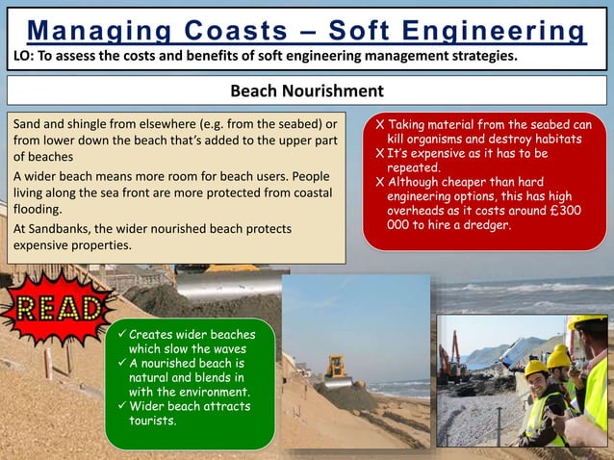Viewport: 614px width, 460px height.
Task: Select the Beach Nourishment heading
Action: tap(306, 91)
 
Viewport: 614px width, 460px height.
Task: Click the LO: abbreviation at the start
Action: tap(23, 57)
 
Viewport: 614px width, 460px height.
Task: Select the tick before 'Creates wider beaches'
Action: tap(120, 335)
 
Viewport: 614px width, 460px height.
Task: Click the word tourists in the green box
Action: tap(152, 420)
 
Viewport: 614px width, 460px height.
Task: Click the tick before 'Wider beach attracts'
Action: tap(120, 406)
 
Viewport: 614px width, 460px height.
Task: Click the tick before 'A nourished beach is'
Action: tap(120, 364)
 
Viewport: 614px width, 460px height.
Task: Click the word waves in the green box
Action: tap(226, 348)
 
